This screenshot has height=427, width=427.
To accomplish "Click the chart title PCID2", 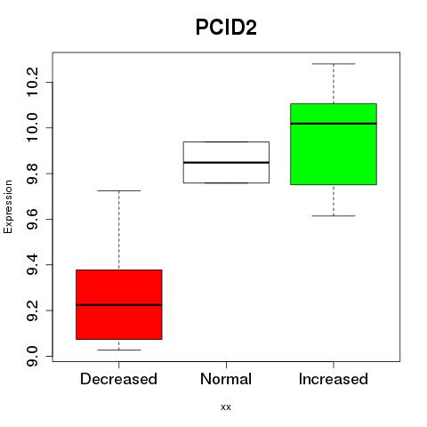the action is coord(226,28).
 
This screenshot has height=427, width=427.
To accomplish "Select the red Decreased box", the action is coord(119,304).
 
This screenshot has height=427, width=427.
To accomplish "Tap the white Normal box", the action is coord(226,162).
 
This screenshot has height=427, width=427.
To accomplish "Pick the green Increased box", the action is coord(334,144).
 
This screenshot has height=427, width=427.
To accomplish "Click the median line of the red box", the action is coord(119,305).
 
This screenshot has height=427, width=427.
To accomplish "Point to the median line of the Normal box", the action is coord(226,163).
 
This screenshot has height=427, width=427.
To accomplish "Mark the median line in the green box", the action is coord(334,124).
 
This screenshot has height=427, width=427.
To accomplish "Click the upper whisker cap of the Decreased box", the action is coord(119,190).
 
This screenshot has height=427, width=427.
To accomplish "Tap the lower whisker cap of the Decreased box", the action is coord(119,350).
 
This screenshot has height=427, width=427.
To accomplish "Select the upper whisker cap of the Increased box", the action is coord(334,64).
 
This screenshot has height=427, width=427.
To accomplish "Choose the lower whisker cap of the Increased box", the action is coord(334,216).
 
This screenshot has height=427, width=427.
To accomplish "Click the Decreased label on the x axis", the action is coord(118,379).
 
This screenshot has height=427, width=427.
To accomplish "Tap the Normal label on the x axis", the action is coord(226,379).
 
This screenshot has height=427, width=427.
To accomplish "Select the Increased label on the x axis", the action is coord(334,379).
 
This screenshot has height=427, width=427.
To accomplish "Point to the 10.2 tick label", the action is coord(32,82).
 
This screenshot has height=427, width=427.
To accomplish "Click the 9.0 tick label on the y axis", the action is coord(32,356).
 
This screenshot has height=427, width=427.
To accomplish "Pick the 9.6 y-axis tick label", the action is coord(32,219).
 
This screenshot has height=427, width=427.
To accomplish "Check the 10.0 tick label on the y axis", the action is coord(32,127).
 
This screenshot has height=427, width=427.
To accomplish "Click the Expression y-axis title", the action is coord(8,207).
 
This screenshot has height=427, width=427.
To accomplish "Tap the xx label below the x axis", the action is coord(226,407).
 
